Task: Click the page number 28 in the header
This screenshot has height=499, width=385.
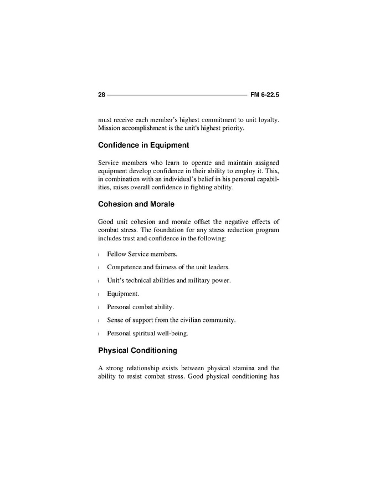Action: coord(101,95)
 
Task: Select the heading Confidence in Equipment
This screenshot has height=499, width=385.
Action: coord(143,145)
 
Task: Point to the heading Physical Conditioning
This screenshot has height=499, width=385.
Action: coord(137,351)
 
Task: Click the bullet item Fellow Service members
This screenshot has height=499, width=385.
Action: coord(142,254)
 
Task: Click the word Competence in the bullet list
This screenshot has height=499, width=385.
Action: coord(126,267)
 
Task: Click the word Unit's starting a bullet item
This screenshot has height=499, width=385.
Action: coord(117,280)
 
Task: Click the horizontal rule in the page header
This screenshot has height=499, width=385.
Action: coord(177,95)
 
